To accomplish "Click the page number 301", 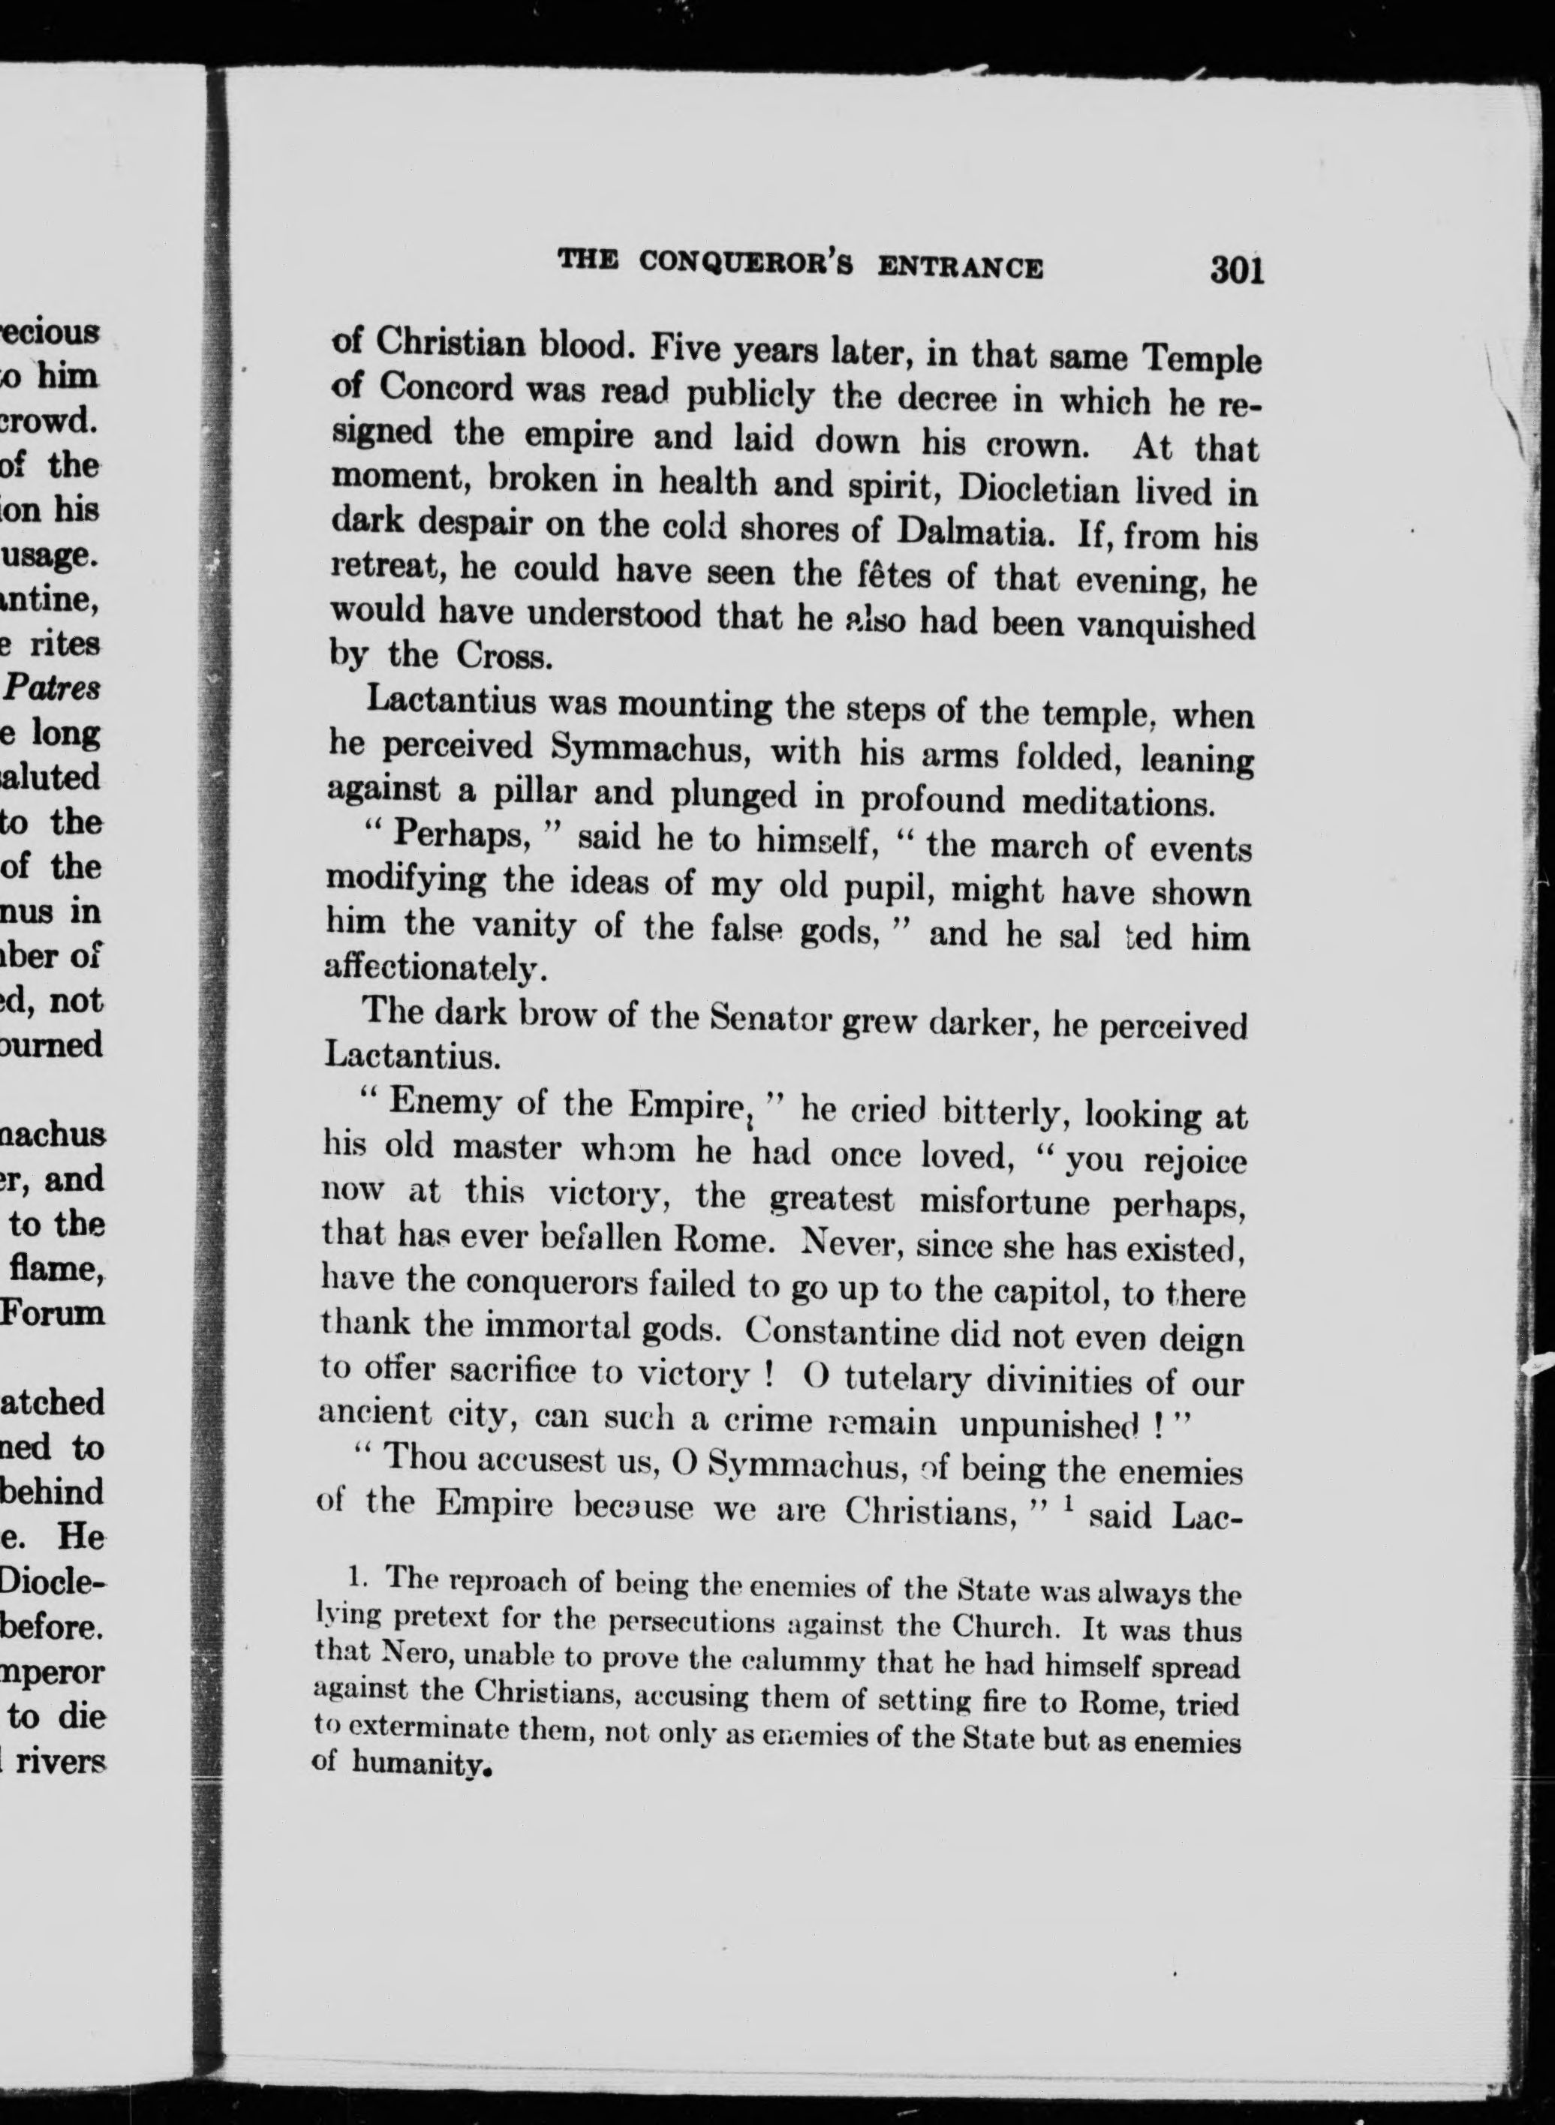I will [1236, 270].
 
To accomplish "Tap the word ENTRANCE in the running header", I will [959, 266].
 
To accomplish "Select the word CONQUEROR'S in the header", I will [747, 263].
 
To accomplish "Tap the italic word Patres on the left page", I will [53, 688].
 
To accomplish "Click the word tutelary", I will [919, 1380].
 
